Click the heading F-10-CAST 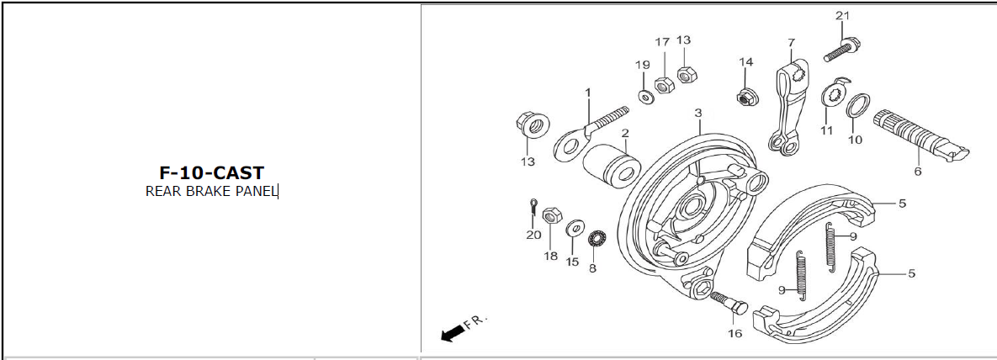(x=211, y=173)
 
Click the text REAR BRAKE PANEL (x=212, y=192)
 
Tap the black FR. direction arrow (x=452, y=333)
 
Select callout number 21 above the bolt (x=842, y=16)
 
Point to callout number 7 (x=791, y=43)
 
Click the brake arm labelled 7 (x=788, y=105)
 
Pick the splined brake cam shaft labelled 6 (x=920, y=135)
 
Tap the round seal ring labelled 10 (x=857, y=106)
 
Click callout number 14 (x=745, y=61)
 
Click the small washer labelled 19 (x=646, y=97)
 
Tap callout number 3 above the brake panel (x=698, y=113)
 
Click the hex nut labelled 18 (x=552, y=215)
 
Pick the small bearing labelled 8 (x=597, y=240)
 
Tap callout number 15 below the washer (x=572, y=262)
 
